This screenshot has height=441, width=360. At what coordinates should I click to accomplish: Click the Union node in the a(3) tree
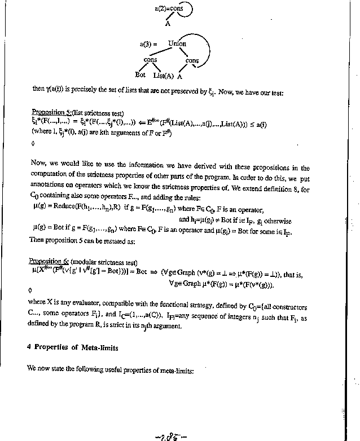(x=177, y=43)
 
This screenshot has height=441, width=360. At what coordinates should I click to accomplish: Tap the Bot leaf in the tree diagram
(x=141, y=74)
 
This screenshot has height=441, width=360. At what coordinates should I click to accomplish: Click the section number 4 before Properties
(x=28, y=348)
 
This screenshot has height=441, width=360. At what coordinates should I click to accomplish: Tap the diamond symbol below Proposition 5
(x=33, y=143)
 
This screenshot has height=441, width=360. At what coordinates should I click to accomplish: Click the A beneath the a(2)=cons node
(x=168, y=24)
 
